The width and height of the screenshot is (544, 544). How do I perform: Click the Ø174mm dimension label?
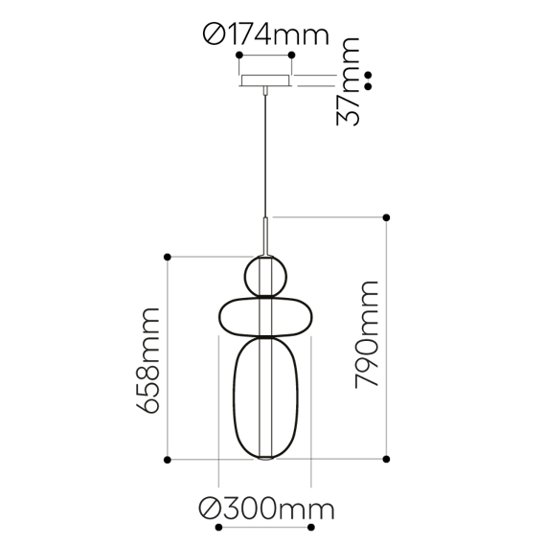(265, 35)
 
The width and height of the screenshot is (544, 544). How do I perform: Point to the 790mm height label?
(366, 334)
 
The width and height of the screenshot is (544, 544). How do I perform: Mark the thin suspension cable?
(265, 153)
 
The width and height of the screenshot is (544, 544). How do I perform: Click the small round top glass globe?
(265, 276)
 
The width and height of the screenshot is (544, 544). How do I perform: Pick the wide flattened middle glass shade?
(265, 316)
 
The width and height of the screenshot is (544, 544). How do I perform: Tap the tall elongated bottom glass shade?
(265, 397)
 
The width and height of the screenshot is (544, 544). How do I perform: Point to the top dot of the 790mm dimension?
(387, 216)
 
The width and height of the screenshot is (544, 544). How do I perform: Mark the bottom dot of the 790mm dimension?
(387, 460)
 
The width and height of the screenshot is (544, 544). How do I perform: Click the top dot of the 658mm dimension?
(168, 257)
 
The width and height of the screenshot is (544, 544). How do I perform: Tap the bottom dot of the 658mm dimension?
(168, 460)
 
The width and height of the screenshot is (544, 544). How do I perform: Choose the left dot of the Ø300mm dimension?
(220, 527)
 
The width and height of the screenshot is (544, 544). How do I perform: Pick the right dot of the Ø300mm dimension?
(312, 527)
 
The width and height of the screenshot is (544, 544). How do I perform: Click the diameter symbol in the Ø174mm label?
(213, 35)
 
